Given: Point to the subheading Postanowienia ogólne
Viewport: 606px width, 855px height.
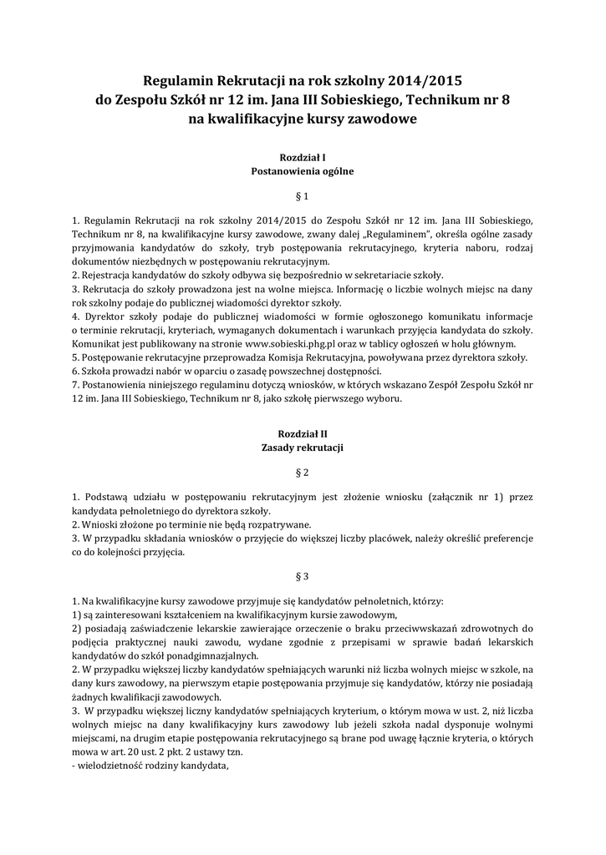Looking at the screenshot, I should click(303, 171).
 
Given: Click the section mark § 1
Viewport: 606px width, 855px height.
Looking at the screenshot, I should click(303, 197).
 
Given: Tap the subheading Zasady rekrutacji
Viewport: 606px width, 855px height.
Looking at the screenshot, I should click(303, 448).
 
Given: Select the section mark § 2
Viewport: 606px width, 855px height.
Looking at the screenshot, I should click(303, 473).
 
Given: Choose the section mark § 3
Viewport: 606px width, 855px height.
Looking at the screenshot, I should click(303, 576).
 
